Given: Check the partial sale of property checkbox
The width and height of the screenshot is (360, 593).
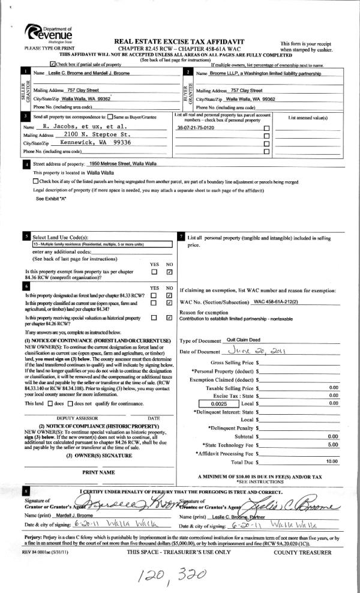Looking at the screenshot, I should [53, 62].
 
